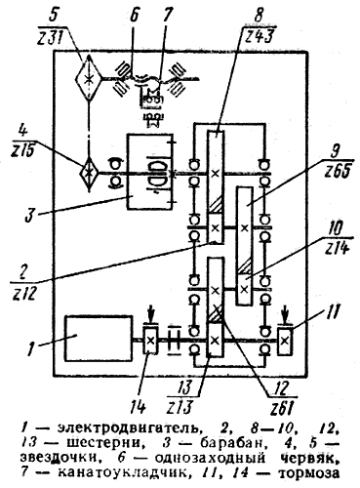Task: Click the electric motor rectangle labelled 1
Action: click(x=99, y=339)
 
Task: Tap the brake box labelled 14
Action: click(x=150, y=341)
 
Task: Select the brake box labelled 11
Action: click(x=285, y=342)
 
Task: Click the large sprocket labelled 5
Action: click(x=88, y=78)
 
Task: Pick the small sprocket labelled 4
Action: click(x=88, y=174)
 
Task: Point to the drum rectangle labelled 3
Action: click(x=150, y=171)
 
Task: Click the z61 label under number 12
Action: click(x=282, y=406)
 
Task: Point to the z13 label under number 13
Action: click(x=180, y=406)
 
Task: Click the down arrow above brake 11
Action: click(x=285, y=315)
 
